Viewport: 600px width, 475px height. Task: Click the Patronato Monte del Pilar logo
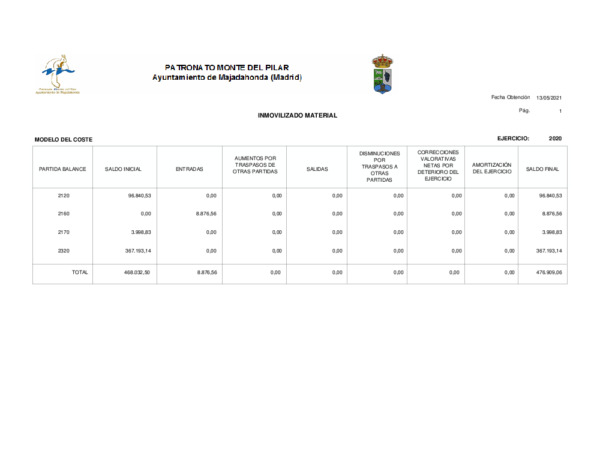(x=58, y=74)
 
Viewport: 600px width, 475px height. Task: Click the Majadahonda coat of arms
(x=382, y=74)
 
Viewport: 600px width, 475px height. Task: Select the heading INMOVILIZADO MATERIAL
(x=297, y=115)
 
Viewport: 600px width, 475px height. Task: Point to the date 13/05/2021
(x=549, y=98)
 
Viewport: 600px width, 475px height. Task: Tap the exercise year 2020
(x=555, y=139)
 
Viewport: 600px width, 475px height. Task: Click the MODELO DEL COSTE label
(x=64, y=140)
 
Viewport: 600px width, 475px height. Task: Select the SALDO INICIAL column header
(x=123, y=169)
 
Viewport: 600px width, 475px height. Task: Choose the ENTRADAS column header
(x=190, y=169)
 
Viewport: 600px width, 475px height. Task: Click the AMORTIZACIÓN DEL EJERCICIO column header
(x=491, y=168)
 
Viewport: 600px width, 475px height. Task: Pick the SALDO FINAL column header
(x=542, y=169)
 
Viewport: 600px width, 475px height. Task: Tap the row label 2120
(x=64, y=196)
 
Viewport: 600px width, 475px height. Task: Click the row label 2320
(x=64, y=251)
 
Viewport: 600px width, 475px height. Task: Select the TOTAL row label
(x=80, y=272)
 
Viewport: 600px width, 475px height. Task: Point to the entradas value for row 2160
(x=206, y=214)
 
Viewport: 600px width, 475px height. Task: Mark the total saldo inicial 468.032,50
(x=137, y=272)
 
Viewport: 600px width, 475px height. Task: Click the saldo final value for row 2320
(x=548, y=251)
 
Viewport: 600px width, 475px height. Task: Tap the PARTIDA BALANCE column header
(x=62, y=169)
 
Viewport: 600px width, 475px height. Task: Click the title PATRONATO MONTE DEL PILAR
(x=227, y=68)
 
